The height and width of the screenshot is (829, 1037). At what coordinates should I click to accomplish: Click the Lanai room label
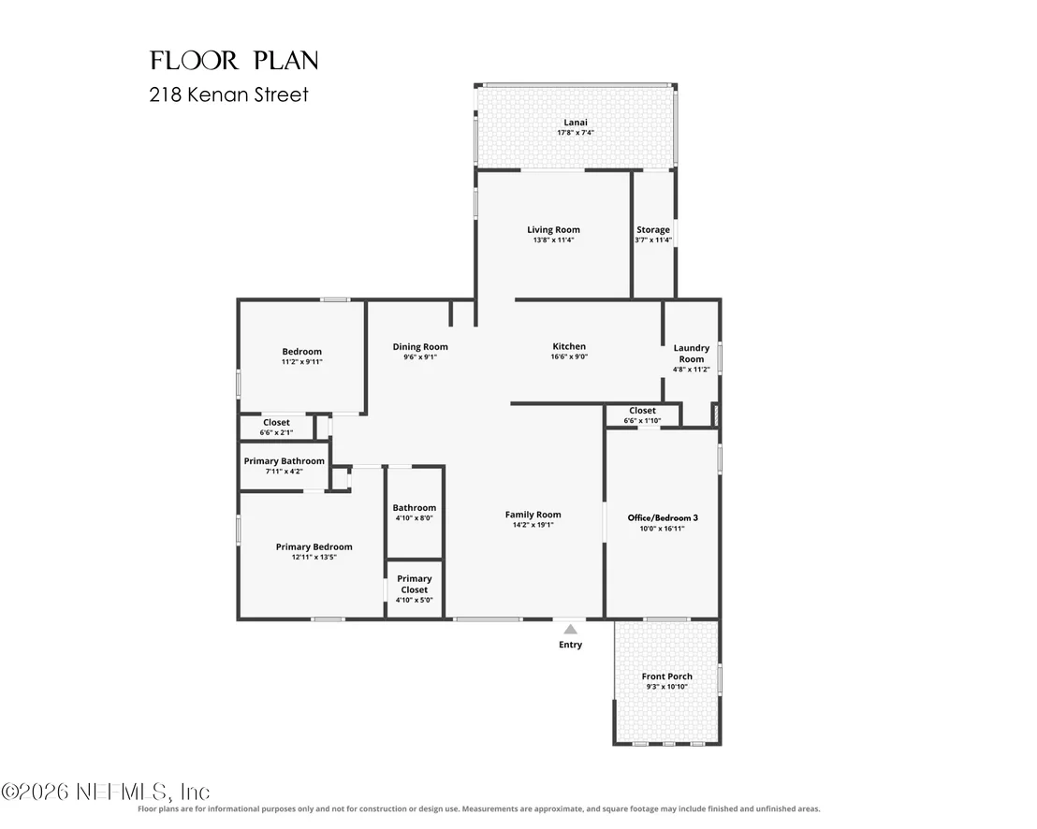pyautogui.click(x=576, y=123)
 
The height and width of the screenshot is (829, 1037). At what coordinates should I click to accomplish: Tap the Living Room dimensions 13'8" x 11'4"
pyautogui.click(x=553, y=240)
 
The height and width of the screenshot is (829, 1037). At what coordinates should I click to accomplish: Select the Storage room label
pyautogui.click(x=653, y=229)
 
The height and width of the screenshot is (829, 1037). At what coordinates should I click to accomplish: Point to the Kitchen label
pyautogui.click(x=569, y=346)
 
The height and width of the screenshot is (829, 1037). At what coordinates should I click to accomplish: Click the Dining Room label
pyautogui.click(x=420, y=346)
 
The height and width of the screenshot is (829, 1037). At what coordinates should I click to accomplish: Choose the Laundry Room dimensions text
pyautogui.click(x=691, y=370)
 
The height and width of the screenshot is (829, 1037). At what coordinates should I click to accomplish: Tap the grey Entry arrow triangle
pyautogui.click(x=570, y=629)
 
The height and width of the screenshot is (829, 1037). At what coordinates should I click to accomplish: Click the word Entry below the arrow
pyautogui.click(x=570, y=645)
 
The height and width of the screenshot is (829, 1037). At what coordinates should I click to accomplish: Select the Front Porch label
pyautogui.click(x=666, y=676)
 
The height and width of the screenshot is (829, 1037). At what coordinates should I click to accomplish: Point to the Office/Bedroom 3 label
pyautogui.click(x=663, y=517)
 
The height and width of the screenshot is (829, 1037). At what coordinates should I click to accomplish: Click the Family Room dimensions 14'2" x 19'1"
pyautogui.click(x=533, y=525)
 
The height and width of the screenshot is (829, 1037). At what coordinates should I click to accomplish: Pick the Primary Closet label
pyautogui.click(x=414, y=585)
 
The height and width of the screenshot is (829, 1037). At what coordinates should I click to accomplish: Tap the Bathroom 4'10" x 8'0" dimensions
pyautogui.click(x=414, y=518)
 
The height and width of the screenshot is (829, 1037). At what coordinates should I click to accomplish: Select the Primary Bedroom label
pyautogui.click(x=314, y=546)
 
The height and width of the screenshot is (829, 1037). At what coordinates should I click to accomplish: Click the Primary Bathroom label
pyautogui.click(x=285, y=460)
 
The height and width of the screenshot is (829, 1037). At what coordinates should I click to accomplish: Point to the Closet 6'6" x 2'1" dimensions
pyautogui.click(x=276, y=432)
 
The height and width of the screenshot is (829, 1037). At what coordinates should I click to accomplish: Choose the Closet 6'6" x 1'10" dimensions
pyautogui.click(x=642, y=420)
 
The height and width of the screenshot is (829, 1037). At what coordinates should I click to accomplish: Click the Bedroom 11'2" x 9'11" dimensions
pyautogui.click(x=301, y=361)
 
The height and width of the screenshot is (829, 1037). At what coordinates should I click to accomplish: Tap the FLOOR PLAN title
pyautogui.click(x=234, y=60)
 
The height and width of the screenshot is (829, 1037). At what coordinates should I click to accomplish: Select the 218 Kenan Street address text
pyautogui.click(x=228, y=95)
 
